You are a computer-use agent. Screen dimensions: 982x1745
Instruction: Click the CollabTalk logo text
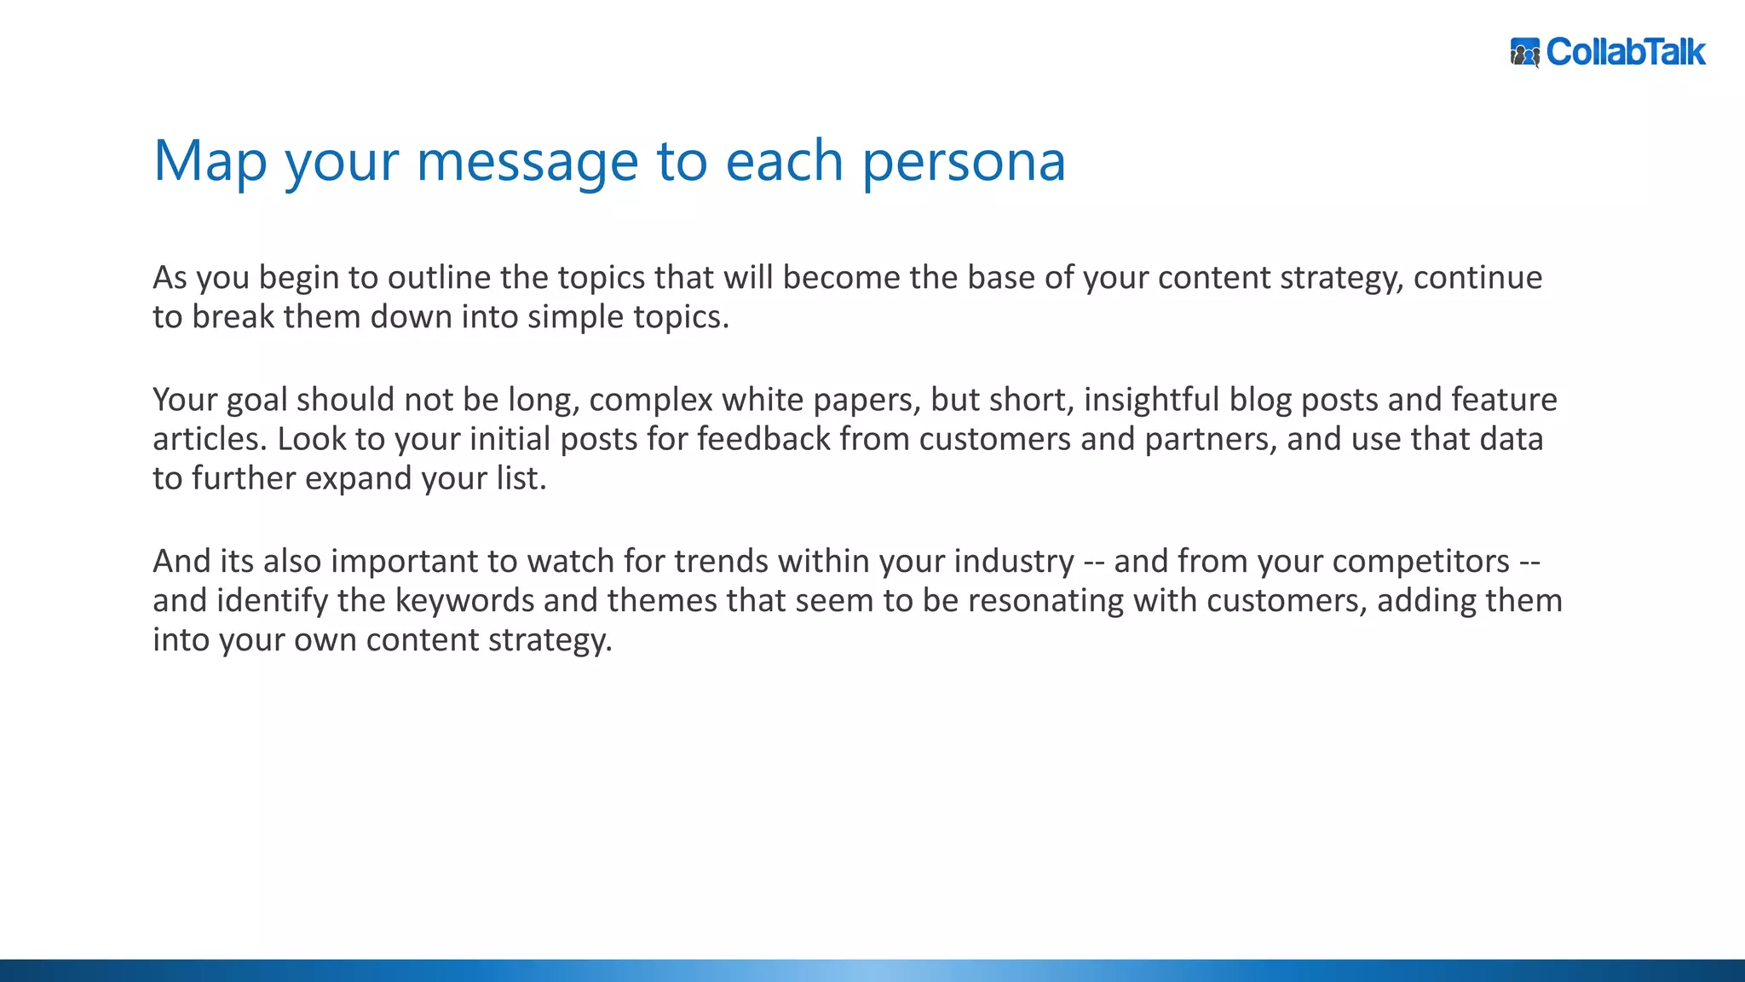(x=1625, y=52)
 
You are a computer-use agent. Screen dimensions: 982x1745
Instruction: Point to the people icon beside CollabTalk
(x=1525, y=53)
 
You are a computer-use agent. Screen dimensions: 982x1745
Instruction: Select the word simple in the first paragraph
(x=575, y=317)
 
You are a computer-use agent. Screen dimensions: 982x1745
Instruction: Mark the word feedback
(x=763, y=439)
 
